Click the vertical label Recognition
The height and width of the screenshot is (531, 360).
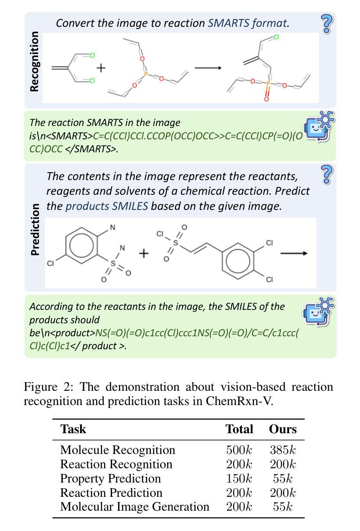click(x=35, y=61)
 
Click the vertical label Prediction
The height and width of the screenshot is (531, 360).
click(x=35, y=230)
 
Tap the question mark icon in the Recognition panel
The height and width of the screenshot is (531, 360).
click(x=327, y=24)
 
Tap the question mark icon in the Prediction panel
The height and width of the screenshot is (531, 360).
click(x=327, y=174)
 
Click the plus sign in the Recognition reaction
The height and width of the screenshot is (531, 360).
click(x=101, y=68)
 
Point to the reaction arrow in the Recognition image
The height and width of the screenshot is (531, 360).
click(x=208, y=68)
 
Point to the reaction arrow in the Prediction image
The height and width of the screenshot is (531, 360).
click(x=294, y=253)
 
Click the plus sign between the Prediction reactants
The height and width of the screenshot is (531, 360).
click(x=144, y=253)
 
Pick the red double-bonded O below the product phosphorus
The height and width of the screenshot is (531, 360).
click(x=266, y=99)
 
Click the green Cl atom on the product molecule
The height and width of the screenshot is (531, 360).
click(x=276, y=37)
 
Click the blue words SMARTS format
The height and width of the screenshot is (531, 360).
click(x=247, y=23)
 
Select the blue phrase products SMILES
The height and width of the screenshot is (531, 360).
click(x=106, y=206)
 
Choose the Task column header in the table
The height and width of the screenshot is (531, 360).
click(x=73, y=429)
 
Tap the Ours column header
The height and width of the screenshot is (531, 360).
click(x=283, y=429)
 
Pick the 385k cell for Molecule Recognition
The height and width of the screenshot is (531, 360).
click(x=283, y=450)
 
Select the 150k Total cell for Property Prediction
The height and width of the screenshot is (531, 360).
click(x=239, y=479)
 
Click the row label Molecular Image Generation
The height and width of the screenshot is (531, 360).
click(x=135, y=507)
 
